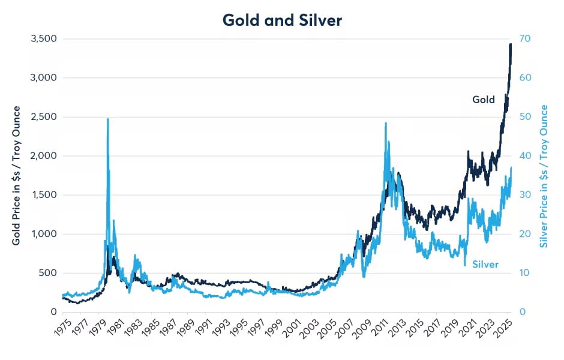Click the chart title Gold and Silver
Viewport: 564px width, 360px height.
click(x=282, y=20)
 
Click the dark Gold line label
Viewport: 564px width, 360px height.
click(x=484, y=100)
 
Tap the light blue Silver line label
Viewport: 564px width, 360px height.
click(x=485, y=264)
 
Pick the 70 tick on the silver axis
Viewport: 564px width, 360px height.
click(x=526, y=39)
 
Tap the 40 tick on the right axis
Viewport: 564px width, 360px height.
click(x=526, y=156)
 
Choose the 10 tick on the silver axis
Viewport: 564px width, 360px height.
click(x=526, y=273)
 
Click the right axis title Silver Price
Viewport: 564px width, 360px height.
click(x=545, y=176)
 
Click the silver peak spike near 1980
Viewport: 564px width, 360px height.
click(x=107, y=119)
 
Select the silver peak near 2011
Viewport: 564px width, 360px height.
click(x=385, y=124)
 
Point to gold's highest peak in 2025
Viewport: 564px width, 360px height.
click(x=510, y=44)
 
